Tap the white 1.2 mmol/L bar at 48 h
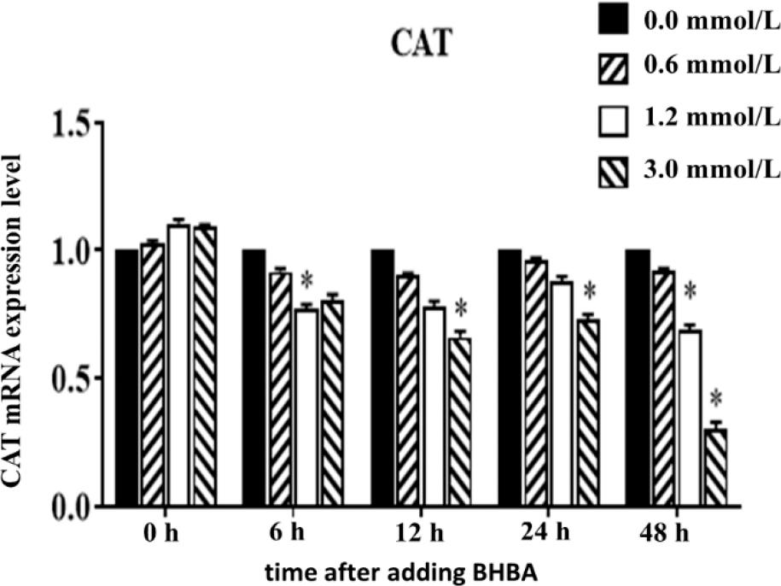[689, 419]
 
